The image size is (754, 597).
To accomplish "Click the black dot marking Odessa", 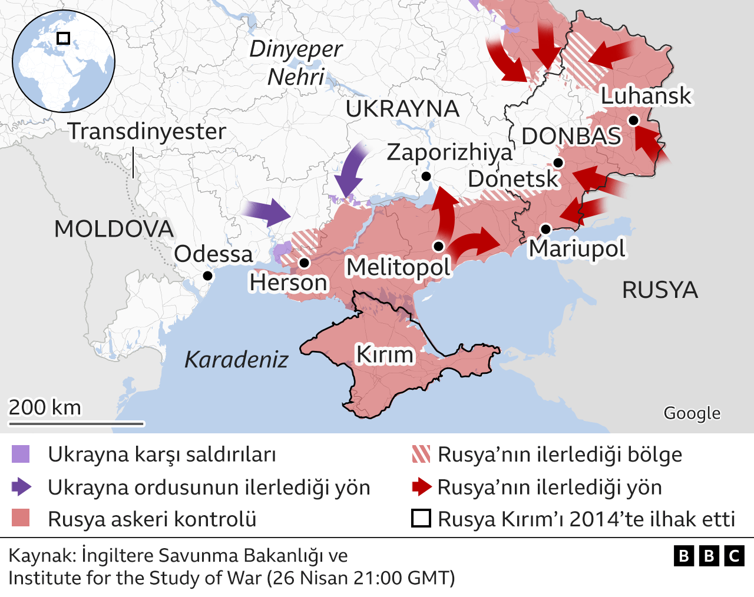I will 207,276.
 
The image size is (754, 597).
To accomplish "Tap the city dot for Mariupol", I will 545,229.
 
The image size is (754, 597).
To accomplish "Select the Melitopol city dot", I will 438,246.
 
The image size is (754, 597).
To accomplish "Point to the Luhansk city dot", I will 633,120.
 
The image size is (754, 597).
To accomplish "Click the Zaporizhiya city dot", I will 426,177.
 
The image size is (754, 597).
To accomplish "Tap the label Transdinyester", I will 147,131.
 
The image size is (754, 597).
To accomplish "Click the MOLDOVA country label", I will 114,229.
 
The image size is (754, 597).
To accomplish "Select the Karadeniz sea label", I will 236,359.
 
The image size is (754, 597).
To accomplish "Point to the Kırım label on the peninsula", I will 385,354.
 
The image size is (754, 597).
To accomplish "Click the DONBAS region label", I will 571,136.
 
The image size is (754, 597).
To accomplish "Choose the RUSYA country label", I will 660,290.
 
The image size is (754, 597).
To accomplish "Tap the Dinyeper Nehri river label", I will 296,62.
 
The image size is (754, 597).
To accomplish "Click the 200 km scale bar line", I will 76,423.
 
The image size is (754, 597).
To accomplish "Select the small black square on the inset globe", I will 63,38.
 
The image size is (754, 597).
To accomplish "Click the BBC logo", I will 709,556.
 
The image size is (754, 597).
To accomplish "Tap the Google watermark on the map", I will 692,413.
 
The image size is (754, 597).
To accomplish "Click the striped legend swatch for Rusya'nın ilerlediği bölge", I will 421,455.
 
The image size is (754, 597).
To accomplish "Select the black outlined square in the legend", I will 421,519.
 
